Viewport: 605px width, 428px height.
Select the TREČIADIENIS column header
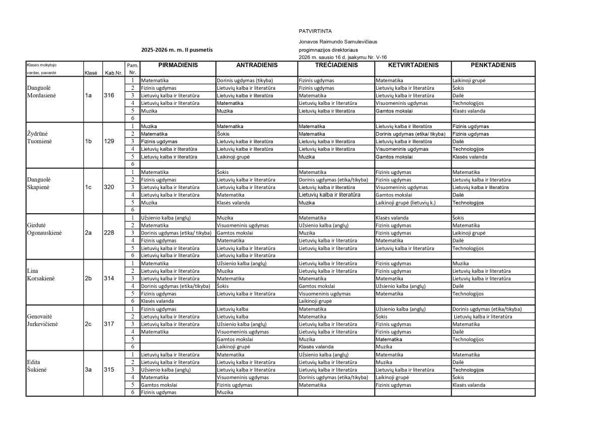click(x=336, y=65)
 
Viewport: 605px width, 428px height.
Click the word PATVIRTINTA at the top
click(x=312, y=31)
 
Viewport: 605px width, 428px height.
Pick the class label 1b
click(x=89, y=142)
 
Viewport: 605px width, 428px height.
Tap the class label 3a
click(x=89, y=370)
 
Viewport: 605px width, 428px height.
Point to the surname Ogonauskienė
click(x=48, y=233)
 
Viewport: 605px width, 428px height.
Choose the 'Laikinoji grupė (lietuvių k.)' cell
click(x=405, y=202)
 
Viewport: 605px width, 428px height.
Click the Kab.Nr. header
click(x=113, y=73)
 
